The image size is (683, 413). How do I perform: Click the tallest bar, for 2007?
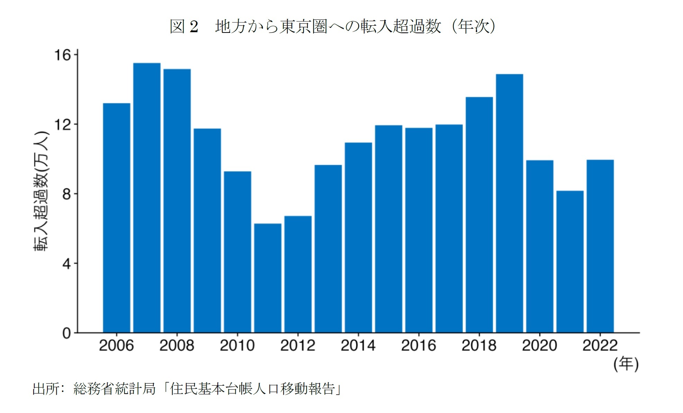coord(147,197)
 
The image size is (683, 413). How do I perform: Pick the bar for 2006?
coord(117,218)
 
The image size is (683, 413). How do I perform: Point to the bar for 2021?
coord(570,261)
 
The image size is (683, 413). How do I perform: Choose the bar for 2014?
coord(358,237)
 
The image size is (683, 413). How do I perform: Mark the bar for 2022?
coord(600,246)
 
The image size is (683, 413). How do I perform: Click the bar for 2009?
coord(207,231)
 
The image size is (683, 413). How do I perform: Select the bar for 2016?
coord(419,230)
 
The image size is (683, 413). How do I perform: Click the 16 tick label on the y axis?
coord(62,55)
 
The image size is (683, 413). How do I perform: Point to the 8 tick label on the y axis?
coord(66,194)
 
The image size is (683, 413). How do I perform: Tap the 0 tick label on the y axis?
coord(66,333)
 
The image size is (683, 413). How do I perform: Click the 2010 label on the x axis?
coord(237,345)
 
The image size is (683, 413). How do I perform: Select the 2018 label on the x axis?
coord(479,345)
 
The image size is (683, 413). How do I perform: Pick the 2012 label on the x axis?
coord(298,345)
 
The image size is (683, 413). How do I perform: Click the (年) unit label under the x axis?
coord(626,364)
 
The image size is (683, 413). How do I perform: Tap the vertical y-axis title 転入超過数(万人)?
coord(41,191)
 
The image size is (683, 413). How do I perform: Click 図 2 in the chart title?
coord(184,26)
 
